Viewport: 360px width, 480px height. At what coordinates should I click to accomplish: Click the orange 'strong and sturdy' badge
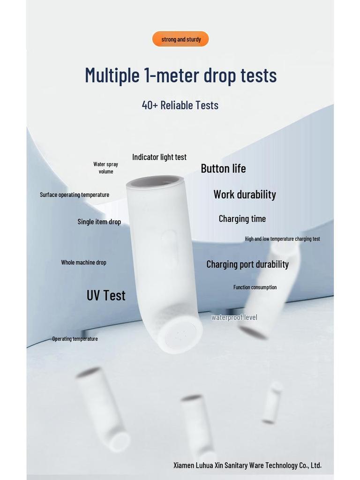pyautogui.click(x=180, y=39)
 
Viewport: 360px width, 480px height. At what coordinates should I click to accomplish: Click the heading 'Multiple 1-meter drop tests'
pyautogui.click(x=180, y=75)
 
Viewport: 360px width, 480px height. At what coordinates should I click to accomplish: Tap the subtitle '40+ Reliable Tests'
pyautogui.click(x=180, y=105)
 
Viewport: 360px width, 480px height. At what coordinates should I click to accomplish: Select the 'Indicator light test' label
pyautogui.click(x=159, y=157)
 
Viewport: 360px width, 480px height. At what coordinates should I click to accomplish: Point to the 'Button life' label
pyautogui.click(x=223, y=168)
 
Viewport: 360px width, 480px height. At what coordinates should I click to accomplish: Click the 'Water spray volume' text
pyautogui.click(x=106, y=168)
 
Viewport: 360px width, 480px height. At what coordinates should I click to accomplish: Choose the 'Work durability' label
pyautogui.click(x=245, y=194)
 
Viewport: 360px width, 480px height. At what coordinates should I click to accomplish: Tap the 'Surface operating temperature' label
pyautogui.click(x=75, y=195)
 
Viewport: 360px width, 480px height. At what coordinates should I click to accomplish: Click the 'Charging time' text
pyautogui.click(x=242, y=218)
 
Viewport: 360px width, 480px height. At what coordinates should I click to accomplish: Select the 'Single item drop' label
pyautogui.click(x=99, y=222)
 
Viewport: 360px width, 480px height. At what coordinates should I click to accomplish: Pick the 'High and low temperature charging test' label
pyautogui.click(x=282, y=239)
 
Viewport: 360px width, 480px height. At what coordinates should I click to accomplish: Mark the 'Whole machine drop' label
pyautogui.click(x=83, y=262)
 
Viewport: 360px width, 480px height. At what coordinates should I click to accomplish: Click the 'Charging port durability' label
pyautogui.click(x=247, y=264)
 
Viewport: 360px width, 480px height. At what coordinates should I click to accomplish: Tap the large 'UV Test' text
pyautogui.click(x=106, y=295)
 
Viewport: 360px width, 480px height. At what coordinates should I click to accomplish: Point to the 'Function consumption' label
pyautogui.click(x=255, y=287)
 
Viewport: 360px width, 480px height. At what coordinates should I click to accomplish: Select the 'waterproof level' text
pyautogui.click(x=234, y=317)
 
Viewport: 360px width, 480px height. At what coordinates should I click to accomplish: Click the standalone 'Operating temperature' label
pyautogui.click(x=75, y=338)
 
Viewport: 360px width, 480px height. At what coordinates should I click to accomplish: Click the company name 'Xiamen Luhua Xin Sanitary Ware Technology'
pyautogui.click(x=247, y=465)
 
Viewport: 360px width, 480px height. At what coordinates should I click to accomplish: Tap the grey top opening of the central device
pyautogui.click(x=154, y=182)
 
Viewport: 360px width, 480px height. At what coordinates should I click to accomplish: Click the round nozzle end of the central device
pyautogui.click(x=180, y=335)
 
